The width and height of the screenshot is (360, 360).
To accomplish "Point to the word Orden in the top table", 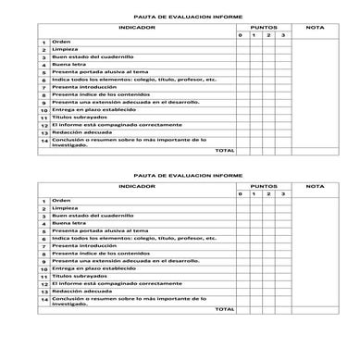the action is point(61,42).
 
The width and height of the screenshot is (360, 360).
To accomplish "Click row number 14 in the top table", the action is point(43,141).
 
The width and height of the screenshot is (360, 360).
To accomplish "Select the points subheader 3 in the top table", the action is point(284,35).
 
